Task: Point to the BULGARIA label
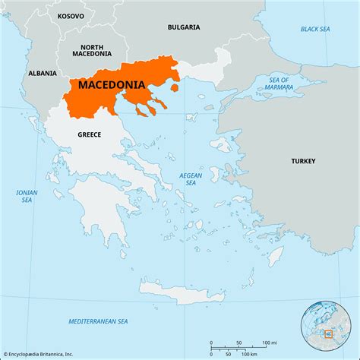pos(184,27)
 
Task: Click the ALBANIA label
pos(42,73)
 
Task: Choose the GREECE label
pos(89,134)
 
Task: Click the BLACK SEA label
pos(314,29)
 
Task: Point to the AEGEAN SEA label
pos(191,178)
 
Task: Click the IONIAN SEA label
pos(27,196)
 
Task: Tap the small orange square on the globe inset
pos(328,333)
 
